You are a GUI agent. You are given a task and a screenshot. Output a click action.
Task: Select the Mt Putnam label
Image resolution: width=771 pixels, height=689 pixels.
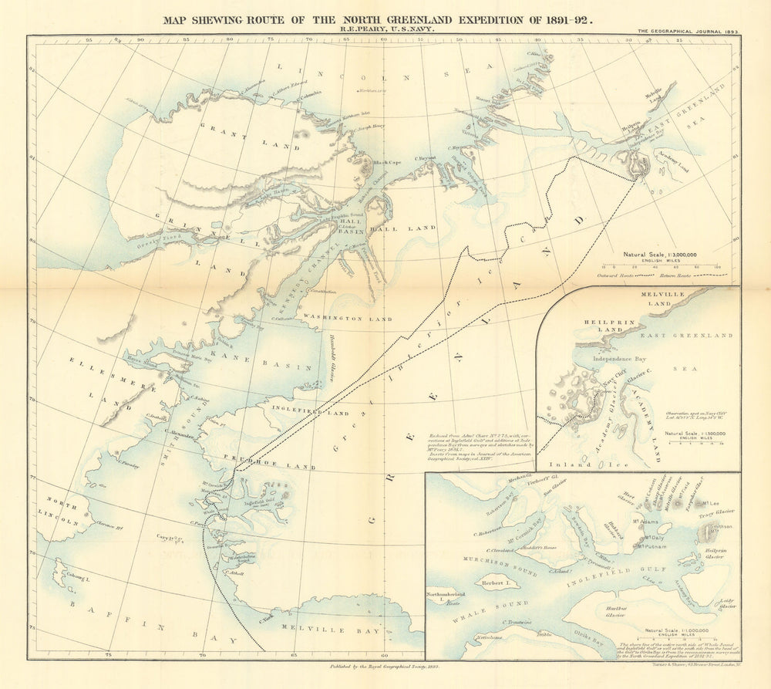650,546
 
